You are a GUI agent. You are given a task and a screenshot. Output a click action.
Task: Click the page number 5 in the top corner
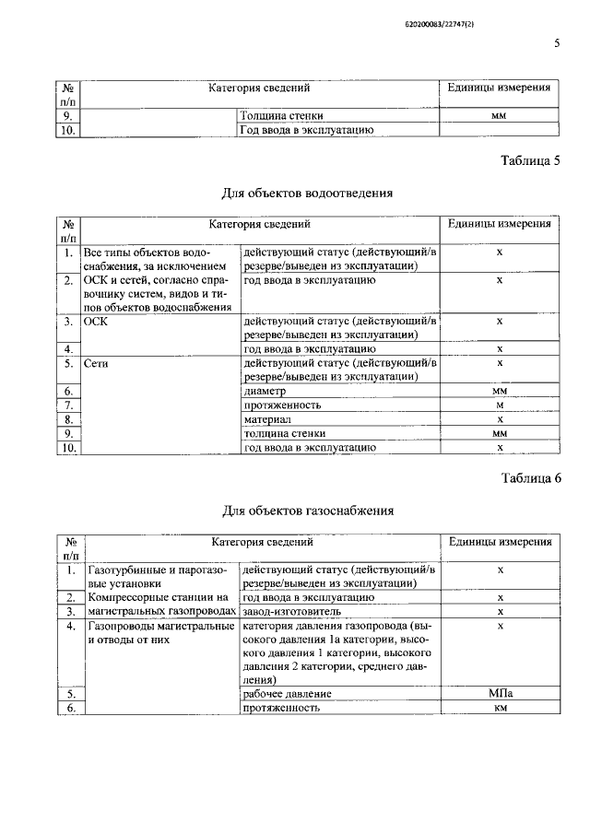tap(557, 42)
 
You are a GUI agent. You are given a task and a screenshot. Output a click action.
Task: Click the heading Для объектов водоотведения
tap(308, 194)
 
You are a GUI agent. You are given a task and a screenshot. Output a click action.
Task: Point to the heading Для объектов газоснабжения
tap(308, 510)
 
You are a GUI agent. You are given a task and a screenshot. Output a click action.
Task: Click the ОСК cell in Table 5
tap(96, 322)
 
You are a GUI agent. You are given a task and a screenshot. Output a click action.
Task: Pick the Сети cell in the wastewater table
tap(97, 364)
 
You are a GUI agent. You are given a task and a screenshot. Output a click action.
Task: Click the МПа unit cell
tap(500, 693)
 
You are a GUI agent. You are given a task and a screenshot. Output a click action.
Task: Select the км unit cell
tap(500, 708)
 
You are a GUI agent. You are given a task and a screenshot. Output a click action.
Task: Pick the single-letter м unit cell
tap(500, 405)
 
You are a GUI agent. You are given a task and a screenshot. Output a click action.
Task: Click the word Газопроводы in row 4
tap(117, 626)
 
